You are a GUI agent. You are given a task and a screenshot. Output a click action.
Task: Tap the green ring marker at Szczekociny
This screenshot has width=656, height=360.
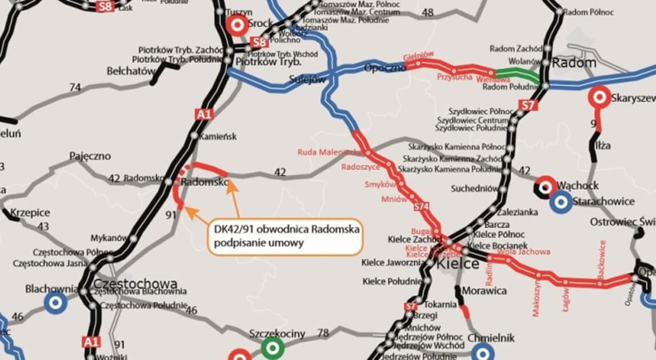[x=272, y=346]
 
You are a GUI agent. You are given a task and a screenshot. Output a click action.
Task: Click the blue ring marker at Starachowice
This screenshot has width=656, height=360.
[x=561, y=201]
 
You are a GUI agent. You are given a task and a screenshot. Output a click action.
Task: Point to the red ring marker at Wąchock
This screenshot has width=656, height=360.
[x=546, y=187]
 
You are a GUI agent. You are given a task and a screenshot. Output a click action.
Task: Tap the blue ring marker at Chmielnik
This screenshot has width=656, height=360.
[x=483, y=351]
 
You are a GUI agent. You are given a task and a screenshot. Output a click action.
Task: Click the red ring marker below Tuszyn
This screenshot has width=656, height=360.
[x=237, y=25]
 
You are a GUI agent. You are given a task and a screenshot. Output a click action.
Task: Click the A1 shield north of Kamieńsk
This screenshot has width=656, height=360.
[x=203, y=114]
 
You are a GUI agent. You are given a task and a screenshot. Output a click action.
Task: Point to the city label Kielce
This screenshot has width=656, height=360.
[x=458, y=265]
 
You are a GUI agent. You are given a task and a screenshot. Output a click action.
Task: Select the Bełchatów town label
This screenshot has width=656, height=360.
[x=131, y=71]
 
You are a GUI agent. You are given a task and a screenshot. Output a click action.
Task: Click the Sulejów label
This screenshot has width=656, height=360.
[x=307, y=79]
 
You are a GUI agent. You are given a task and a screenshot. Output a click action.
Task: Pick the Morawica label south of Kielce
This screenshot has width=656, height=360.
[x=484, y=291]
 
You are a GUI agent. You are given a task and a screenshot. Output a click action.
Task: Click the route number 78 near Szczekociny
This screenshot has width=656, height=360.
[x=323, y=333]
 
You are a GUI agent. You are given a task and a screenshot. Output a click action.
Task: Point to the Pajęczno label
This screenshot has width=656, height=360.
[x=90, y=156]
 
